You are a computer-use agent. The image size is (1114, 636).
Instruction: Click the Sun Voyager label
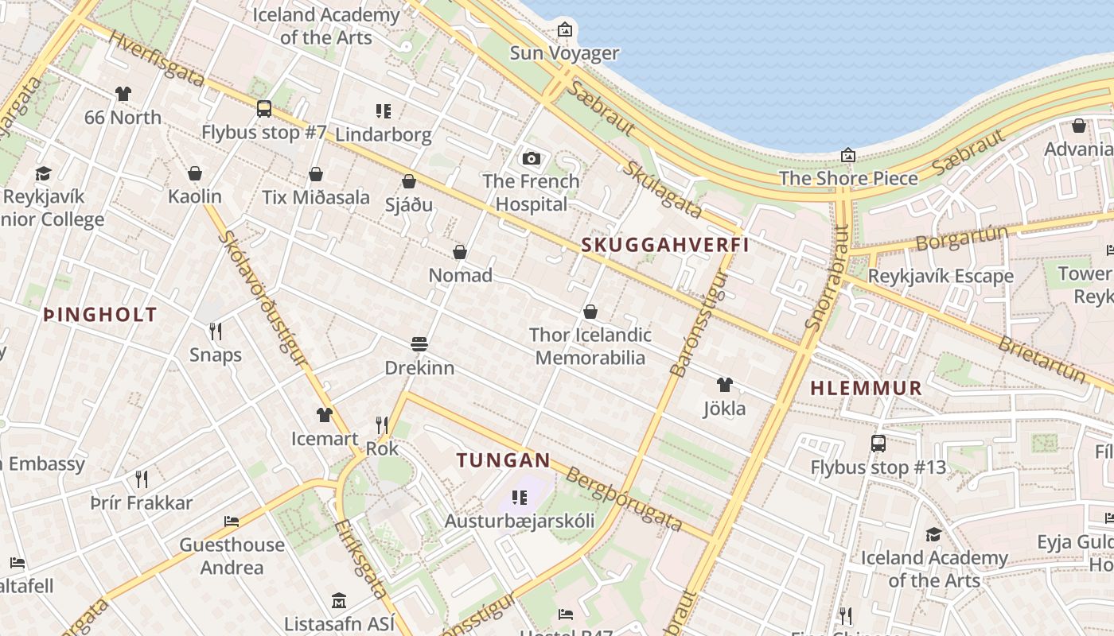click(x=564, y=53)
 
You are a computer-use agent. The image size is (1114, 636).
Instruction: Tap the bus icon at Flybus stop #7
click(x=264, y=109)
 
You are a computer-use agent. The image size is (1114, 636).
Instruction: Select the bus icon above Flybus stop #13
click(x=878, y=444)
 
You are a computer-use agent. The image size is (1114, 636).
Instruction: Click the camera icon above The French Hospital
click(x=532, y=158)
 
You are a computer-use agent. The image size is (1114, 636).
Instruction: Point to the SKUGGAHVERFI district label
click(x=665, y=245)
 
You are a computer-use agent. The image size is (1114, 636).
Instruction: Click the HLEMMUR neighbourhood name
click(x=866, y=389)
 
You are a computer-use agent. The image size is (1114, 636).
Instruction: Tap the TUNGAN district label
click(x=503, y=460)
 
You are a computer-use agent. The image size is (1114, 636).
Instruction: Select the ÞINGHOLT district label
click(x=99, y=315)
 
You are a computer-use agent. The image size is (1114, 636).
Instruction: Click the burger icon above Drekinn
click(x=419, y=344)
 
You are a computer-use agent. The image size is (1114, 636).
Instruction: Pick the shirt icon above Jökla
click(x=724, y=385)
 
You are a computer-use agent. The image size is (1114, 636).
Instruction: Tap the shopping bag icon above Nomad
click(x=460, y=252)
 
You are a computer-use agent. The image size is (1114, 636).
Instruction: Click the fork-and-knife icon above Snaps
click(x=215, y=331)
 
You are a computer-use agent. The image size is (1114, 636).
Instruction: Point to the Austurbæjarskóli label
click(x=520, y=522)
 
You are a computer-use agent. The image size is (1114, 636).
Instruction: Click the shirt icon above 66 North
click(x=123, y=94)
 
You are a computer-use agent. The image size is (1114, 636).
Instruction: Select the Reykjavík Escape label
click(x=941, y=277)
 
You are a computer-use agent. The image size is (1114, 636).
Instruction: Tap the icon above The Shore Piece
click(x=848, y=155)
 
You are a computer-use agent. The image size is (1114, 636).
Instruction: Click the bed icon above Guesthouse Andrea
click(x=232, y=522)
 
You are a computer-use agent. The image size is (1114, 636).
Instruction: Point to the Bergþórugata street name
click(x=624, y=499)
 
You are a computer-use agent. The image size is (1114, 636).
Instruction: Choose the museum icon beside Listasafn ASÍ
click(x=339, y=600)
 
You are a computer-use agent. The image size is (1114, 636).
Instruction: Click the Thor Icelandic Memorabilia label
click(x=590, y=347)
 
